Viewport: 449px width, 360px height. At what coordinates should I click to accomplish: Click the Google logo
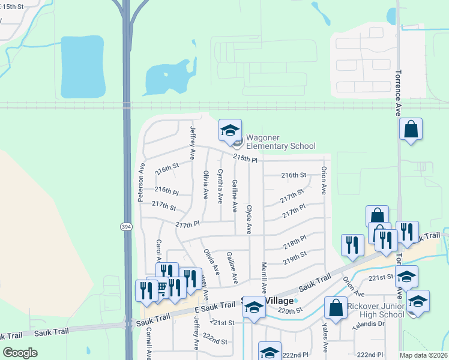(20, 353)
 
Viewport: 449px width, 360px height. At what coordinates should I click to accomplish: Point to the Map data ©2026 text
(423, 355)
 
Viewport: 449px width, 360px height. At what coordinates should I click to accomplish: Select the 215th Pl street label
(245, 160)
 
